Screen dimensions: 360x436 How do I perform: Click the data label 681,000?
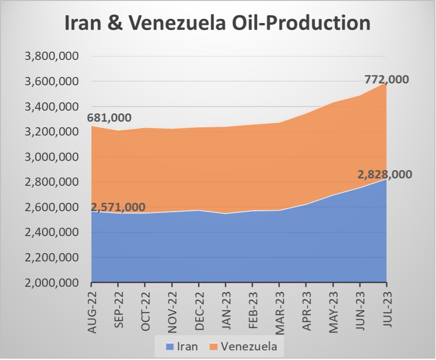(x=109, y=118)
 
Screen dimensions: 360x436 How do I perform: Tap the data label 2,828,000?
(x=385, y=175)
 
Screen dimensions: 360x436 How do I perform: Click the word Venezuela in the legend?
(x=249, y=346)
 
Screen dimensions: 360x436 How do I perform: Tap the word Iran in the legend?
(x=186, y=346)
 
